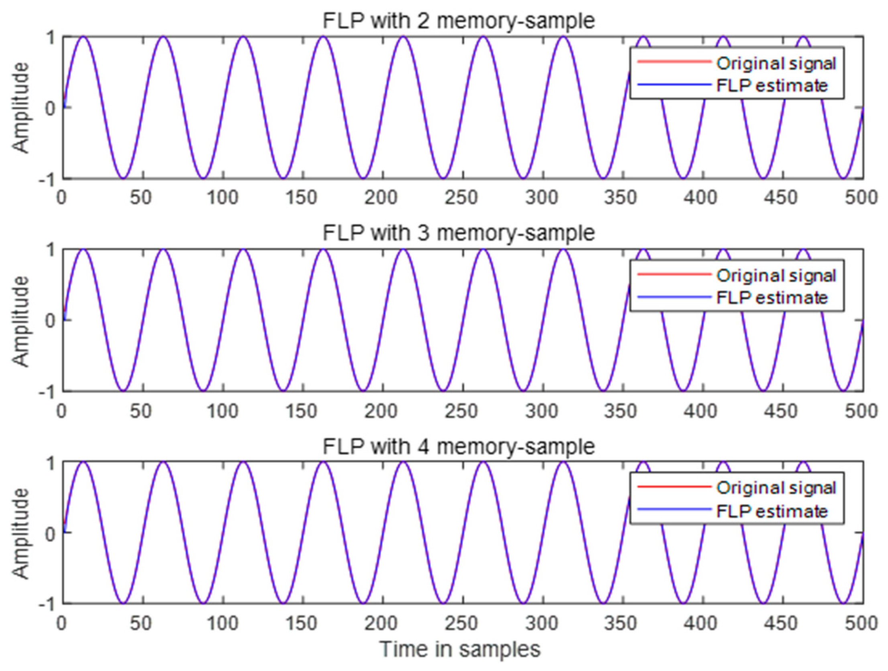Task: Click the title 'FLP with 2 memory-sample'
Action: coord(459,21)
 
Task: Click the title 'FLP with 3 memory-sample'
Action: coord(459,233)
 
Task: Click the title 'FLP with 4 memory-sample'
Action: coord(459,446)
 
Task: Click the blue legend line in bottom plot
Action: coord(674,509)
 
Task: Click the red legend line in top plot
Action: coord(674,61)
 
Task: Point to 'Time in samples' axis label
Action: coord(460,650)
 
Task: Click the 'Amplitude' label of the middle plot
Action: coord(21,320)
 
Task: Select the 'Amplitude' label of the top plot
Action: coord(21,108)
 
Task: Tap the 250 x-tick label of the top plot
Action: coord(461,198)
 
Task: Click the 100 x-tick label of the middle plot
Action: coord(222,411)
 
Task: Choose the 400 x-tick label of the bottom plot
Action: coord(701,623)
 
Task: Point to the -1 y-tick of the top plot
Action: coord(47,179)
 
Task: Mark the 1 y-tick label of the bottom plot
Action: coord(50,463)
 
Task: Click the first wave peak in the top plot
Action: coord(84,37)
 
